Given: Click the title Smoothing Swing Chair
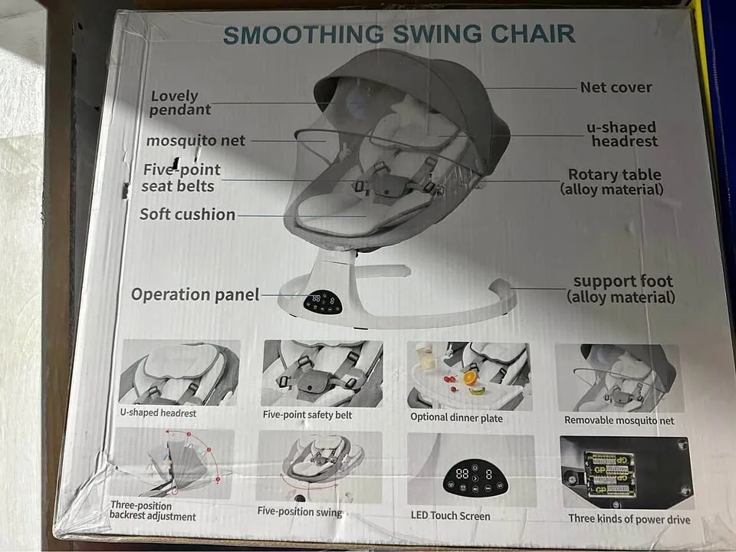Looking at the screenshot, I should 398,34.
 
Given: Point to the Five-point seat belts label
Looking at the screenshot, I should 179,177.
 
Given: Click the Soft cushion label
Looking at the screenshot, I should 187,214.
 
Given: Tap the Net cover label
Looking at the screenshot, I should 616,87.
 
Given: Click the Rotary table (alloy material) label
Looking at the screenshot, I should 613,182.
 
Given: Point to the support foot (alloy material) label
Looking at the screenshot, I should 622,289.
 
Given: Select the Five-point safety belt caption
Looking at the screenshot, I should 307,415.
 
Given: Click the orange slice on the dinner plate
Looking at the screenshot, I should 472,377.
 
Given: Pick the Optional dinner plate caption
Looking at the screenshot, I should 456,418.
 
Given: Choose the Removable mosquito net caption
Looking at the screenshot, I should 619,420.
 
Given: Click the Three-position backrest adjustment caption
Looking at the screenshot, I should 152,511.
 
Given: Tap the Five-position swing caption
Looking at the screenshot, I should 300,511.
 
